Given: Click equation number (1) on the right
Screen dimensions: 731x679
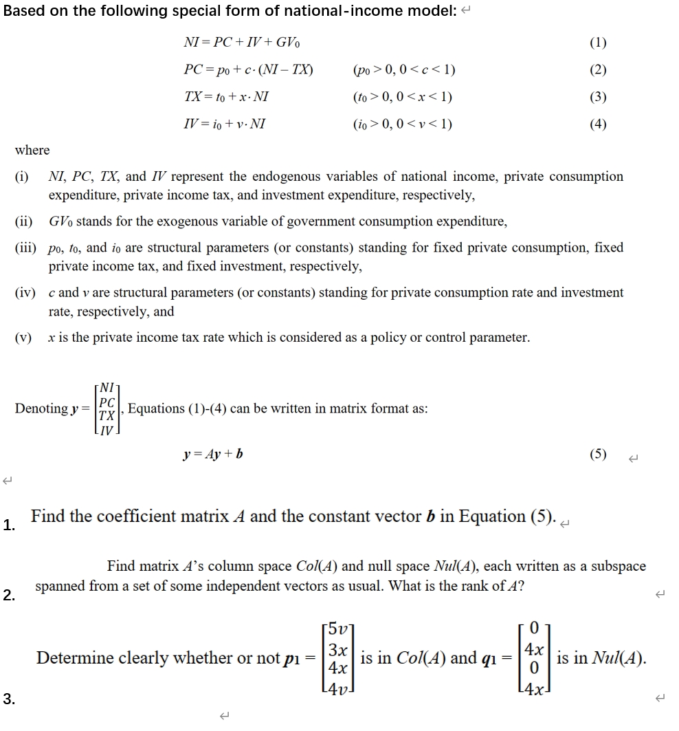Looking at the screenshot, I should [x=598, y=43].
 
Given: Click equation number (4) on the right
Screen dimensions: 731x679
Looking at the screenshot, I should [x=598, y=124].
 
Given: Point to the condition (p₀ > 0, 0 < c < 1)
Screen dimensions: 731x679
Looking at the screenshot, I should [x=403, y=70].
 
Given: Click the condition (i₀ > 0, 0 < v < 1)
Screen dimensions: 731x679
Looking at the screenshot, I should [x=402, y=124].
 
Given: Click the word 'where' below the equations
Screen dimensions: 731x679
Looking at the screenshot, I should [x=32, y=150].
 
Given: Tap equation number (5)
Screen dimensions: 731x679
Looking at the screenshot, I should [x=598, y=455].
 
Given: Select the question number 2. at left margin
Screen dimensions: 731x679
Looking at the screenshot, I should [x=8, y=596].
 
